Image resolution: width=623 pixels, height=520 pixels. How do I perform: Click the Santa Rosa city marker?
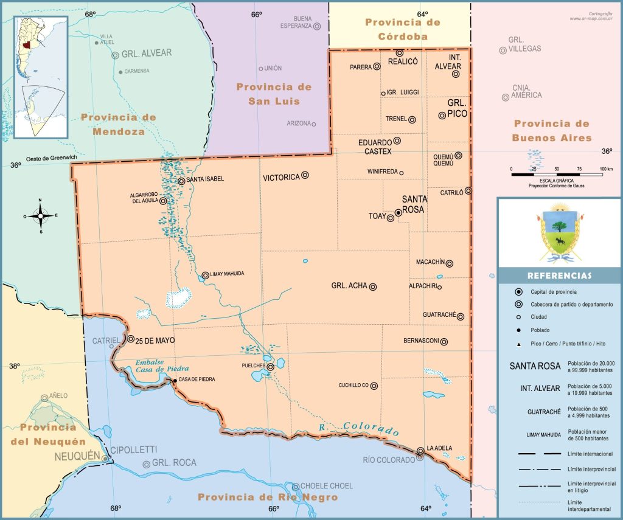click(x=398, y=213)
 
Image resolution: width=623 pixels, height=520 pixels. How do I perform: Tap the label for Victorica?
click(x=281, y=178)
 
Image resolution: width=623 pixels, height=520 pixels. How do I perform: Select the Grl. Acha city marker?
click(x=373, y=286)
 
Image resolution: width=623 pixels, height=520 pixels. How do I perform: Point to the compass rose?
click(x=41, y=215)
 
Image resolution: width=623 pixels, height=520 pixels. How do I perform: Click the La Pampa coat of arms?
click(x=559, y=234)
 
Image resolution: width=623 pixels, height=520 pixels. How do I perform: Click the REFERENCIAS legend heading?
click(x=559, y=276)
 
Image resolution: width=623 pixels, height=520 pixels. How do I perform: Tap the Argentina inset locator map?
click(x=41, y=77)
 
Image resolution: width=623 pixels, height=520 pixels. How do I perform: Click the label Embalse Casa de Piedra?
click(x=162, y=366)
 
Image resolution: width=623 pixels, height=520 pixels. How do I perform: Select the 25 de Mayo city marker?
click(x=131, y=339)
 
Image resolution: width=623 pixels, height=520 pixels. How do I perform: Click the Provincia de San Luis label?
click(x=274, y=94)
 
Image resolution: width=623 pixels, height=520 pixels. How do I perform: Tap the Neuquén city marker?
click(x=105, y=459)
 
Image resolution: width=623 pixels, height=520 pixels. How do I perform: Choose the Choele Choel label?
click(x=327, y=486)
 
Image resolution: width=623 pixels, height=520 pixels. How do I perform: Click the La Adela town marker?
click(x=420, y=451)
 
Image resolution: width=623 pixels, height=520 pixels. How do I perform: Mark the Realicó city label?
click(x=402, y=61)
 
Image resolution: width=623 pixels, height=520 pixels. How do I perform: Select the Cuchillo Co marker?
click(x=374, y=386)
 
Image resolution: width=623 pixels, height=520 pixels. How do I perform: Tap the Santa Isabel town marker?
click(x=181, y=181)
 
